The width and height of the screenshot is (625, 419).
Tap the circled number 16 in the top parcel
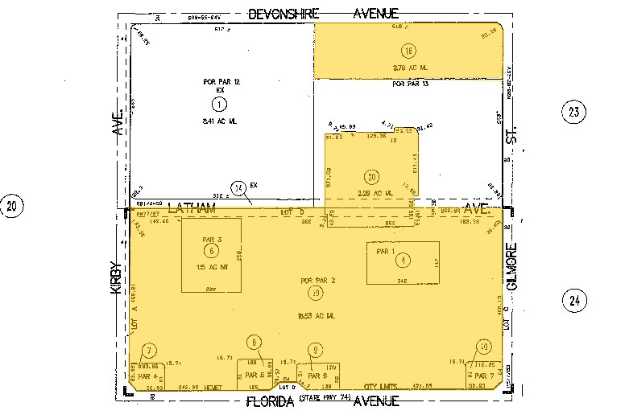[409, 51]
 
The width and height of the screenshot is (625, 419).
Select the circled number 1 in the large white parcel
[218, 104]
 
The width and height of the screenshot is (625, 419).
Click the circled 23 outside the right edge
[573, 112]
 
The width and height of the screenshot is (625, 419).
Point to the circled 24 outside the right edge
[573, 302]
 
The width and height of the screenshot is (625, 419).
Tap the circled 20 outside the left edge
[12, 207]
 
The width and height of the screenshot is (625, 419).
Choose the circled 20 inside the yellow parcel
[370, 178]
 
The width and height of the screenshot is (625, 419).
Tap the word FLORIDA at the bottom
[268, 401]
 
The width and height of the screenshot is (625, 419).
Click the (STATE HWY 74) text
[325, 399]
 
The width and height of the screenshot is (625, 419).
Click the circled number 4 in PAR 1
[404, 260]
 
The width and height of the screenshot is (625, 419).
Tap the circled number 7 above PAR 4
[148, 351]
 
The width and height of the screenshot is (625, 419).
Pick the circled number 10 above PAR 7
[482, 347]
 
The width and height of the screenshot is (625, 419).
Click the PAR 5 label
[255, 376]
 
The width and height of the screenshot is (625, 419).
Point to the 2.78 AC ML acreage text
[408, 68]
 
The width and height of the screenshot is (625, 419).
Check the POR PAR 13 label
[409, 84]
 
